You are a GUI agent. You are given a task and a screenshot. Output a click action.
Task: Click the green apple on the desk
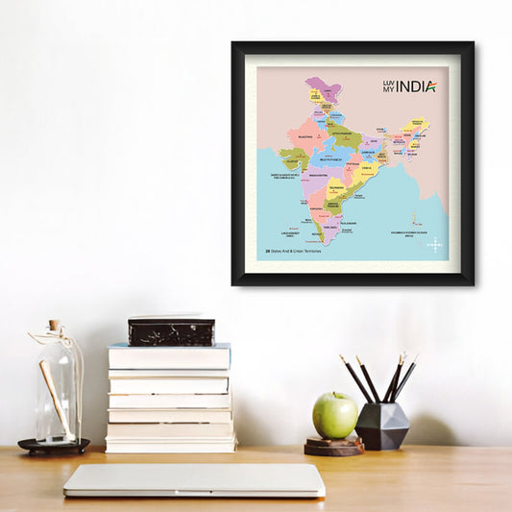click(335, 415)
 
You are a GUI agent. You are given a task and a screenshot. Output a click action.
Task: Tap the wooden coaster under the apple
click(334, 446)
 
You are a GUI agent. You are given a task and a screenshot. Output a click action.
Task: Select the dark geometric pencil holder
click(382, 426)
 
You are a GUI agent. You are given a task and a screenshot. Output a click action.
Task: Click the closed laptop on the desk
click(194, 480)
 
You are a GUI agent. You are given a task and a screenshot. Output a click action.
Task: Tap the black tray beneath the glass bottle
click(54, 446)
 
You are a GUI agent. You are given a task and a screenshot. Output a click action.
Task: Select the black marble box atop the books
click(171, 331)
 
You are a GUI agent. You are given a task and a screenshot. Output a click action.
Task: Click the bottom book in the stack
click(171, 445)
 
